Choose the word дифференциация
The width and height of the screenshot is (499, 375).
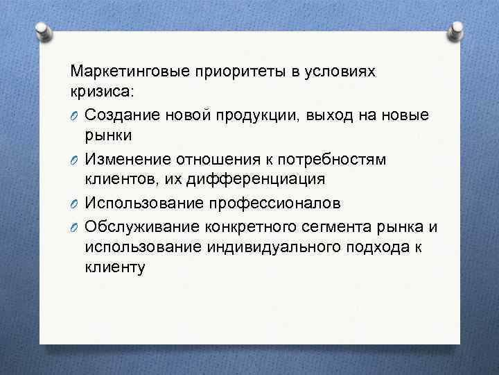coord(263,179)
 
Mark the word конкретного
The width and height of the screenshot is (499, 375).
coord(248,228)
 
